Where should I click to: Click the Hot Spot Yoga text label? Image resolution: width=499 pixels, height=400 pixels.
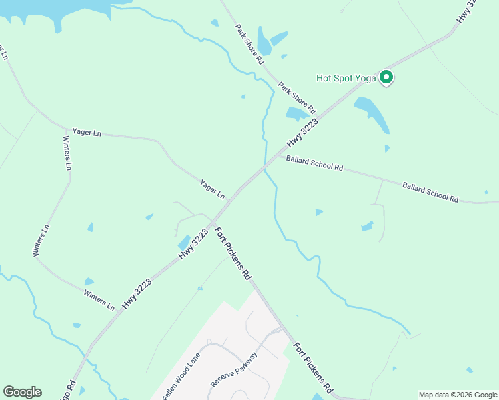click(x=346, y=78)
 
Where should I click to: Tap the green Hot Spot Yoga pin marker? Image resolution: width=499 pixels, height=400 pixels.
click(x=386, y=78)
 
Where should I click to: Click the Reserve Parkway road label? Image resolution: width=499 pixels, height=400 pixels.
click(x=233, y=371)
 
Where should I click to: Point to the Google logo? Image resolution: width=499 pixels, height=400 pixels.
click(x=22, y=392)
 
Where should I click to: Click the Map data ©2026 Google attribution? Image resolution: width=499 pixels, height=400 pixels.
click(x=458, y=395)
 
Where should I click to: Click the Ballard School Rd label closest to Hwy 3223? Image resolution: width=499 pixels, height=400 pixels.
click(x=314, y=164)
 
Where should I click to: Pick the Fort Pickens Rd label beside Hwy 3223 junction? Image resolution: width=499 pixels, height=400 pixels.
click(x=233, y=253)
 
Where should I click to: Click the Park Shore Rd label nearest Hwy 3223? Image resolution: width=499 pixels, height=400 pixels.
click(x=296, y=97)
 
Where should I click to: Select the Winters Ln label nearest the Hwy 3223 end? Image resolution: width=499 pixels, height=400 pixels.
click(x=99, y=299)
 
